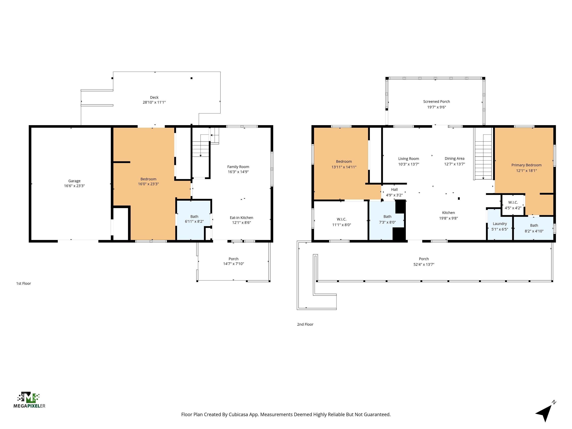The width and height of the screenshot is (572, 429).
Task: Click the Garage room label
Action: pyautogui.click(x=74, y=181)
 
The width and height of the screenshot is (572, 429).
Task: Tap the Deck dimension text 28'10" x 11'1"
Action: pyautogui.click(x=154, y=102)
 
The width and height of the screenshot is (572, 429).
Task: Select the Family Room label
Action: pyautogui.click(x=238, y=167)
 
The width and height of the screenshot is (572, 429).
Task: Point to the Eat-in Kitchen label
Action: pyautogui.click(x=241, y=218)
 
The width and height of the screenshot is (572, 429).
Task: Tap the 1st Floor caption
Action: pyautogui.click(x=23, y=283)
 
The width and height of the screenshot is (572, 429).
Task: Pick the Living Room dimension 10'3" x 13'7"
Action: pyautogui.click(x=408, y=164)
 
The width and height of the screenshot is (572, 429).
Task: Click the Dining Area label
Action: pyautogui.click(x=454, y=158)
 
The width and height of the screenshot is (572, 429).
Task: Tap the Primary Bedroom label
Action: pyautogui.click(x=526, y=165)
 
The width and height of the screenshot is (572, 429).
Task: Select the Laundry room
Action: pyautogui.click(x=499, y=226)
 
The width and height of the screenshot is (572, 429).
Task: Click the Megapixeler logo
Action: pyautogui.click(x=29, y=400)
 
